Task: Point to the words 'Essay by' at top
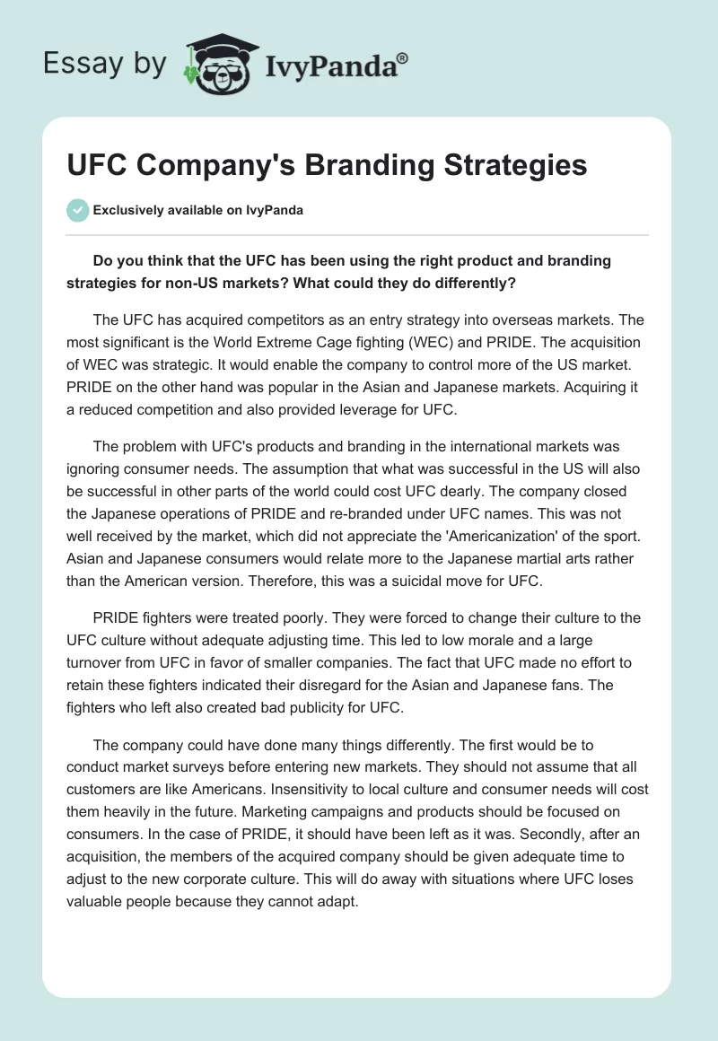(x=105, y=64)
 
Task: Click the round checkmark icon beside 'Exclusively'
(x=77, y=210)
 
